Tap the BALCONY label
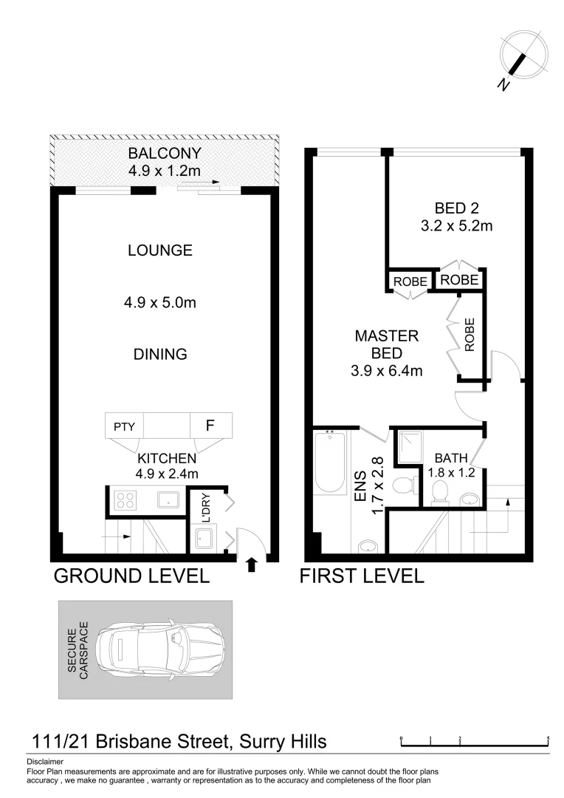pyautogui.click(x=165, y=154)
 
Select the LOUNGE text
pyautogui.click(x=160, y=250)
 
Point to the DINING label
pyautogui.click(x=160, y=354)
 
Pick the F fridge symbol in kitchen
pyautogui.click(x=210, y=426)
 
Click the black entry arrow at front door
pyautogui.click(x=251, y=565)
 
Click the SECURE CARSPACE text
pyautogui.click(x=78, y=649)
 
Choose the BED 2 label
pyautogui.click(x=455, y=209)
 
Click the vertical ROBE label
pyautogui.click(x=470, y=334)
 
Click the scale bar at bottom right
pyautogui.click(x=475, y=740)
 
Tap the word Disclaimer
pyautogui.click(x=45, y=761)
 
